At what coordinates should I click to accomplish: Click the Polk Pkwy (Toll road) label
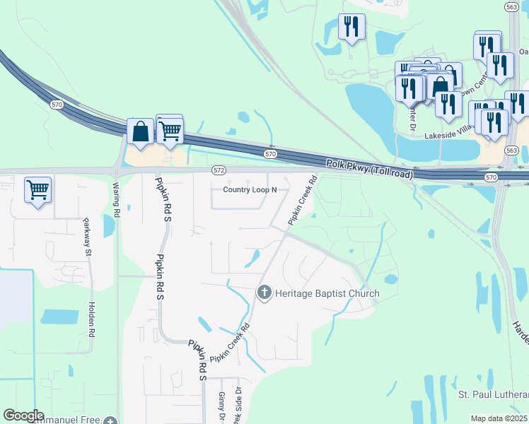[368, 167]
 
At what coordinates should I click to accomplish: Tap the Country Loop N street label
[250, 189]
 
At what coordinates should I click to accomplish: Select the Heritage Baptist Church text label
[327, 293]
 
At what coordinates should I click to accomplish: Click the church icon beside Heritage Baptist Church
[264, 293]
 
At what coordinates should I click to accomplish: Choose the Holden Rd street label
[91, 319]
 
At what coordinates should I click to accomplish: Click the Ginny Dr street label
[221, 407]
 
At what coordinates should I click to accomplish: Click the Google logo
[23, 416]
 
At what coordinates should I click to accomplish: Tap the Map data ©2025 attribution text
[499, 418]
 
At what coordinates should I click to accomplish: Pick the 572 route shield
[219, 170]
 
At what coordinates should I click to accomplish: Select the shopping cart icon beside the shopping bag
[170, 129]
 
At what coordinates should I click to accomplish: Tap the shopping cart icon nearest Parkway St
[37, 189]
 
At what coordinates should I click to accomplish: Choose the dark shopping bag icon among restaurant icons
[441, 87]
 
